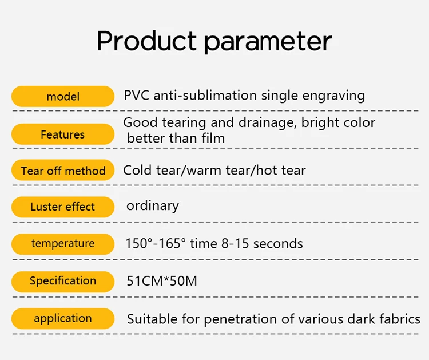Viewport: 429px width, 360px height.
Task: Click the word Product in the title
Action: tap(146, 41)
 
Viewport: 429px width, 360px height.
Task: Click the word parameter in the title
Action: tap(268, 42)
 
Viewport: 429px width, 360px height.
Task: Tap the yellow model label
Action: tap(63, 96)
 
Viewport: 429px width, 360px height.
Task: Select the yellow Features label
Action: tap(63, 134)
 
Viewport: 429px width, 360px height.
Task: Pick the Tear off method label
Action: tap(63, 171)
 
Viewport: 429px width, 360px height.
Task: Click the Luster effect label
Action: tap(63, 207)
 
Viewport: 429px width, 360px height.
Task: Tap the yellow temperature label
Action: tap(63, 244)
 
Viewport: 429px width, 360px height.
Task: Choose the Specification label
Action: tap(63, 282)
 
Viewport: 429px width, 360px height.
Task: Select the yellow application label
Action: tap(63, 318)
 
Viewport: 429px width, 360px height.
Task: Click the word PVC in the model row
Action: tap(137, 95)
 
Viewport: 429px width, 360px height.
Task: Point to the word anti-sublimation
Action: tap(205, 95)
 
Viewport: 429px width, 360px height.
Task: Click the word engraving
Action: tap(333, 96)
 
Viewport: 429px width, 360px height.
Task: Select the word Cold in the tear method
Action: tap(138, 171)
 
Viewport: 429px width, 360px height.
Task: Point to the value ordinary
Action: tap(153, 206)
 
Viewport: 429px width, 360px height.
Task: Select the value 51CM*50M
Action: tap(162, 281)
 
